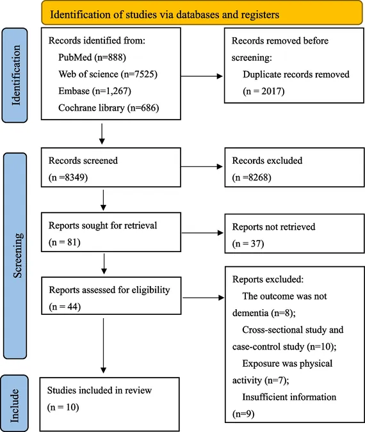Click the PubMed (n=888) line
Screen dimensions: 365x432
[92, 58]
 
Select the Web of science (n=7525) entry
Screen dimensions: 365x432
[108, 74]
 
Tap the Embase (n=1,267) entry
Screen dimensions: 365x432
[95, 91]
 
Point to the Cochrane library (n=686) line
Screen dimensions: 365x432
[109, 108]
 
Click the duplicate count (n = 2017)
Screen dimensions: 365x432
[264, 91]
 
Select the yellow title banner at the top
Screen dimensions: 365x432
[202, 13]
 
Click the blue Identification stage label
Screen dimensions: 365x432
[15, 76]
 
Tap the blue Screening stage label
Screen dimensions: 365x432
[15, 255]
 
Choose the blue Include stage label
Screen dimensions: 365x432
[15, 403]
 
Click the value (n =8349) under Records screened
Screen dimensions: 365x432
[68, 177]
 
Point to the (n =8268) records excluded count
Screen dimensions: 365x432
[252, 177]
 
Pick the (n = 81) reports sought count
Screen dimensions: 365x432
[65, 243]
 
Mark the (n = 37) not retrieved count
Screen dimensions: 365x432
[248, 244]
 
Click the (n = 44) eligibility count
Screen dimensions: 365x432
[65, 307]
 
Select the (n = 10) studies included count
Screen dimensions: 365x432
[63, 407]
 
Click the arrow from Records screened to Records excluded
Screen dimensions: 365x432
[202, 166]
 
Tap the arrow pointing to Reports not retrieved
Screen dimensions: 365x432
[202, 233]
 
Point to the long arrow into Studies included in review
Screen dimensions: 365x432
[103, 346]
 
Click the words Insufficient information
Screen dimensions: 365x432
[289, 397]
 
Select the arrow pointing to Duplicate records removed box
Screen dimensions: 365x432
[202, 76]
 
